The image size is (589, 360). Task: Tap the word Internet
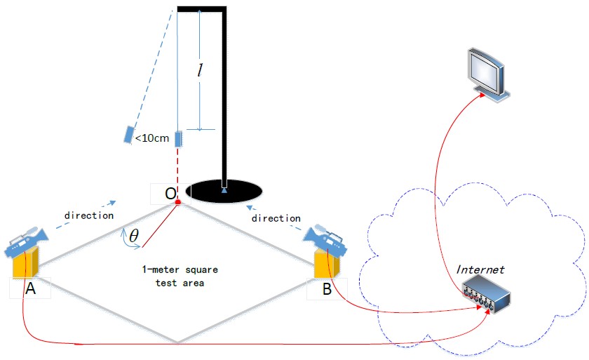coord(480,269)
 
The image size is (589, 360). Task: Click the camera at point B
coord(327,238)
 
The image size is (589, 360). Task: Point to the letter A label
coord(30,288)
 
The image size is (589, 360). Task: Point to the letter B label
coord(327,288)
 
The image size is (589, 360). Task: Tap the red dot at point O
coord(178,203)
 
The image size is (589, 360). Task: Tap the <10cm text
coord(151,138)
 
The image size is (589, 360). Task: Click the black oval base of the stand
coord(224,190)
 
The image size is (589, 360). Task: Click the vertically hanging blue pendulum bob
coord(178,139)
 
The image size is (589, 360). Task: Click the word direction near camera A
coord(88,215)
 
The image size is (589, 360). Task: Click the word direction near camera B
coord(276,218)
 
